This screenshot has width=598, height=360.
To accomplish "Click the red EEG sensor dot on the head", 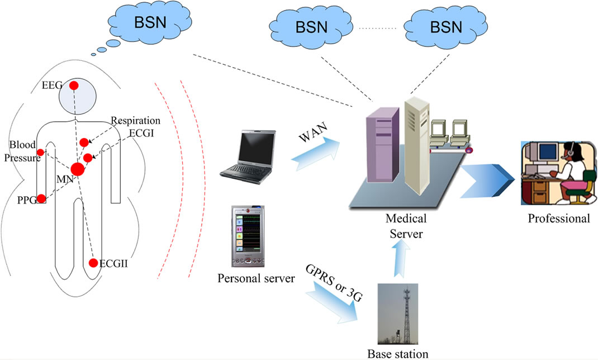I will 73,86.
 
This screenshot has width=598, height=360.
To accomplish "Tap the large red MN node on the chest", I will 77,169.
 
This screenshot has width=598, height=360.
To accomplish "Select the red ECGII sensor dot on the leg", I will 93,263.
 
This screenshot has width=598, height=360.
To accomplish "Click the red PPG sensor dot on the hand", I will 41,198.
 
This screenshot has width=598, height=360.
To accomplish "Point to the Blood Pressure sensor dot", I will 40,153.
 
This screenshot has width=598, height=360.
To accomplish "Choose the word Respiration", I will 135,121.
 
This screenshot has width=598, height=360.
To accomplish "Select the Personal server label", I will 256,278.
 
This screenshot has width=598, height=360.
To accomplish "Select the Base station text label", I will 397,354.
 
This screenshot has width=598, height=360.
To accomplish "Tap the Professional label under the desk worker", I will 559,218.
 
